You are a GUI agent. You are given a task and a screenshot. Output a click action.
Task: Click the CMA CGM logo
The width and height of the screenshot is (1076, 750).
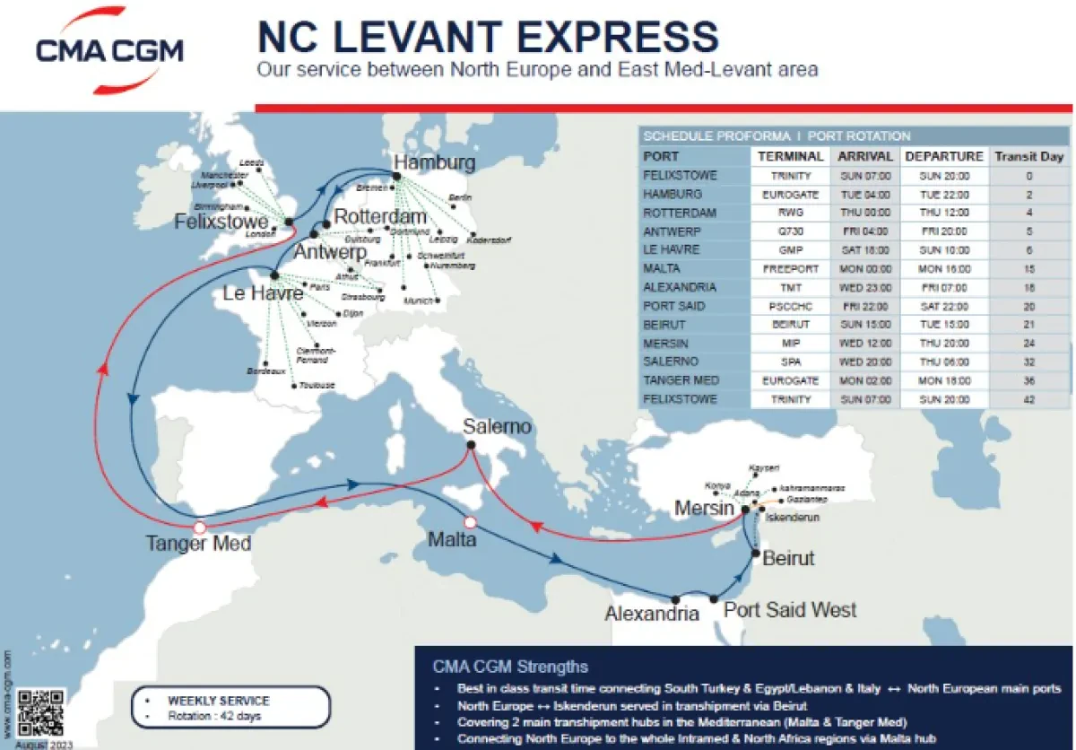pos(109,50)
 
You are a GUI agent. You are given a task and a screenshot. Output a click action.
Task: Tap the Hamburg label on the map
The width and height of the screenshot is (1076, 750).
pos(434,163)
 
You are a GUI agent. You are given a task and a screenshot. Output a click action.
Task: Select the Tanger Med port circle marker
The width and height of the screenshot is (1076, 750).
pos(200,527)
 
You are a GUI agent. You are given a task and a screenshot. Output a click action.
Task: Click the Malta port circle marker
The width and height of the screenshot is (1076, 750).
pos(469,521)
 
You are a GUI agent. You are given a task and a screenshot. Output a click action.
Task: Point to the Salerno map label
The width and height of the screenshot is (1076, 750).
pos(498,427)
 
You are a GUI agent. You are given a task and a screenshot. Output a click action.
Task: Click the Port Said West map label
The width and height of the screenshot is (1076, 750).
pos(789,610)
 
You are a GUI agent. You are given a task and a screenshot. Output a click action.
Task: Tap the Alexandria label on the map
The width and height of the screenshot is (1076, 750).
pos(652,615)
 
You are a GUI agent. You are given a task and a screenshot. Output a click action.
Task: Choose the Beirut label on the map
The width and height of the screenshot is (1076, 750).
pos(788,559)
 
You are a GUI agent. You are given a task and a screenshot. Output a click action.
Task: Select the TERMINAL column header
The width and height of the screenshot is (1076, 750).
pos(790,156)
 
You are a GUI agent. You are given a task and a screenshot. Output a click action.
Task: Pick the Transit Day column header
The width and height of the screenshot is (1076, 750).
pos(1028,156)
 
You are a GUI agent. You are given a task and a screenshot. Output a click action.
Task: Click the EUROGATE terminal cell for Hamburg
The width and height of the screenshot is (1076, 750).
pos(790,194)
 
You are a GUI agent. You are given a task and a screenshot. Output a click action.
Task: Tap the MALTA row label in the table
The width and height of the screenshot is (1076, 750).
pos(662,268)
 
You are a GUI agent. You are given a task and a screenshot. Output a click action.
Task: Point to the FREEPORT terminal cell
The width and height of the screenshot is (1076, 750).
pos(790,268)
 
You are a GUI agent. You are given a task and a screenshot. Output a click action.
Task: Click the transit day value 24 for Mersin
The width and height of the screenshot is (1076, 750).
pos(1028,343)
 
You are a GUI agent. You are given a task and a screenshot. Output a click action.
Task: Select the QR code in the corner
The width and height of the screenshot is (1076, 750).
pos(41,713)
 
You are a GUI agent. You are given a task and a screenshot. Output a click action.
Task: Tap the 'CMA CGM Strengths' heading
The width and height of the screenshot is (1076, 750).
pos(510,667)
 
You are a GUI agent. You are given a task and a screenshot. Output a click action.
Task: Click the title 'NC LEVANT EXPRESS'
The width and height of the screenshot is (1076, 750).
pos(488,37)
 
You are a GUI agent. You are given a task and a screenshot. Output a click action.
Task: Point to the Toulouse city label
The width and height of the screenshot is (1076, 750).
pos(317,385)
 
